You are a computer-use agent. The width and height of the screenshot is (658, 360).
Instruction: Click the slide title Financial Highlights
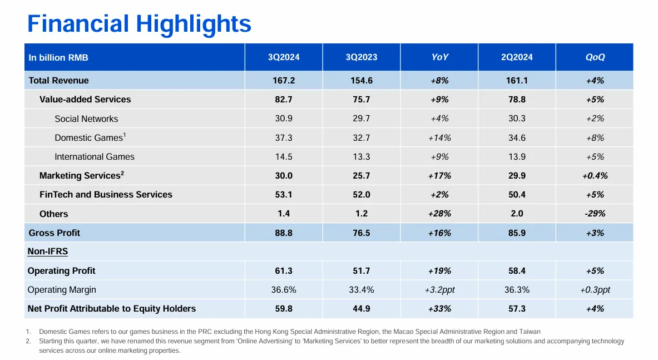[x=139, y=24]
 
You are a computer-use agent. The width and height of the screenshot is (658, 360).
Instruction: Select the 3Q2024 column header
[x=284, y=57]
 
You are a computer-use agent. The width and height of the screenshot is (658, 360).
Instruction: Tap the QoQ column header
[x=595, y=57]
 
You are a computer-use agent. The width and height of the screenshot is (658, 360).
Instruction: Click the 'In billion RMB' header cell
[x=58, y=58]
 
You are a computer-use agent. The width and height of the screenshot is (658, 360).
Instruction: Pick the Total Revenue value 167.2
[x=284, y=81]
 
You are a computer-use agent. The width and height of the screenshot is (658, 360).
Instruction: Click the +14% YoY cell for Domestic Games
[x=439, y=138]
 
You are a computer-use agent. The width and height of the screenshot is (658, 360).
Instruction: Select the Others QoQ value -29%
[x=595, y=214]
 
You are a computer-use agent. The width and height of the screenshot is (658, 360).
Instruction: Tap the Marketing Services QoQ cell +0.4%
[x=595, y=176]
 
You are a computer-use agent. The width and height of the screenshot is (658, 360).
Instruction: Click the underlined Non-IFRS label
[x=48, y=251]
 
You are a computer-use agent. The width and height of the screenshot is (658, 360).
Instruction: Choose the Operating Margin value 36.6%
[x=284, y=290]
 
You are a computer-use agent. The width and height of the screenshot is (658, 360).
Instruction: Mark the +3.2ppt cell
[x=439, y=290]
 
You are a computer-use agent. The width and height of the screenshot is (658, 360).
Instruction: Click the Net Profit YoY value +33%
[x=439, y=309]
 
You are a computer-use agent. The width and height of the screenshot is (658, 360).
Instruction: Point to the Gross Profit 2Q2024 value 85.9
[x=517, y=233]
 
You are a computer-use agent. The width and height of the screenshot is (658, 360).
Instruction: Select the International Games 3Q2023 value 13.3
[x=362, y=157]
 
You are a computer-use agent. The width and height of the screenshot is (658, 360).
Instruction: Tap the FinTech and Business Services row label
[x=106, y=195]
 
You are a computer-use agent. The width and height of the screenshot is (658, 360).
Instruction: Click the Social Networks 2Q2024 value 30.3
[x=517, y=119]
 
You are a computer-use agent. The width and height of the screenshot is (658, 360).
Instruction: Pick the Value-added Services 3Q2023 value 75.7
[x=362, y=100]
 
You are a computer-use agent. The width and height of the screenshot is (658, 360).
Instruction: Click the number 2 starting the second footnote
[x=28, y=341]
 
